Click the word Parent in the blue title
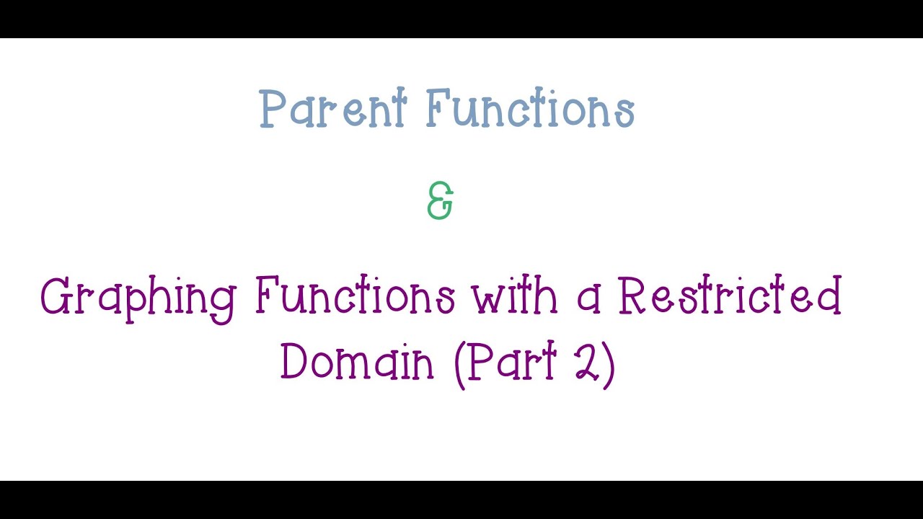point(333,110)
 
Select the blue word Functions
point(531,110)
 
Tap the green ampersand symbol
point(440,201)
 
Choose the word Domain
point(358,363)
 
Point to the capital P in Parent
point(270,110)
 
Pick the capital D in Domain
point(293,362)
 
